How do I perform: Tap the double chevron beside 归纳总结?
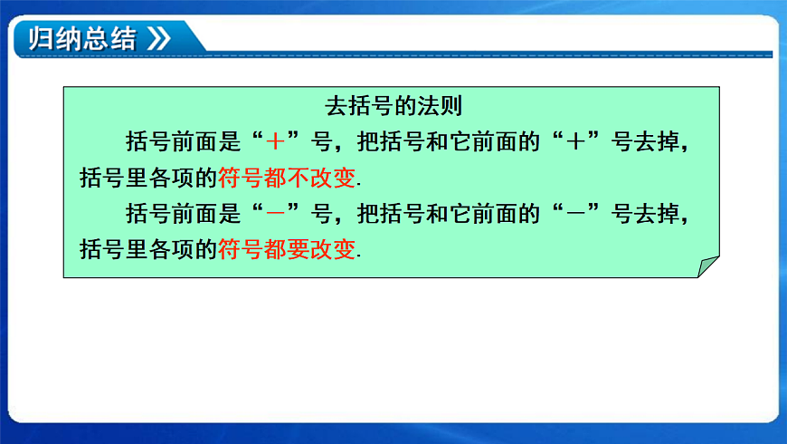tap(157, 39)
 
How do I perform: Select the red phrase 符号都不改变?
tap(287, 177)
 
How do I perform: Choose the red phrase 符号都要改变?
tap(287, 249)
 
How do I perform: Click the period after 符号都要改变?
tap(359, 255)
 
